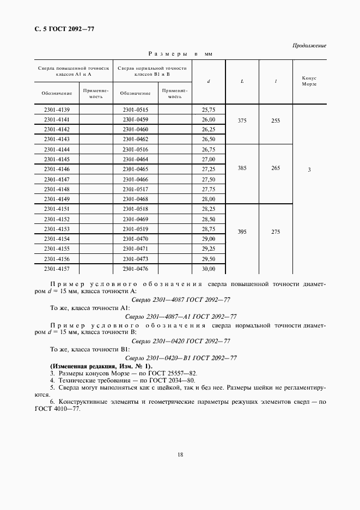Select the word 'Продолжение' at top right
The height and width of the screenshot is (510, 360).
(x=309, y=45)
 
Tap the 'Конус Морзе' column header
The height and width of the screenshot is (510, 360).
(x=309, y=81)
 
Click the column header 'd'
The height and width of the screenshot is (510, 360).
(x=209, y=81)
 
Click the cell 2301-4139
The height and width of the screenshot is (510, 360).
(x=57, y=110)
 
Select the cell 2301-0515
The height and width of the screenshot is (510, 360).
(x=136, y=110)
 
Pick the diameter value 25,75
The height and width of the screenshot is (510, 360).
(x=209, y=110)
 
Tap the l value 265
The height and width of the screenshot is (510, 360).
(x=276, y=168)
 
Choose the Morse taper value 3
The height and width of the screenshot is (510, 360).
(x=309, y=170)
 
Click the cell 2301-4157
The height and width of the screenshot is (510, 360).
(x=57, y=269)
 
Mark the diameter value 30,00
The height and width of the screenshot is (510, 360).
(x=209, y=269)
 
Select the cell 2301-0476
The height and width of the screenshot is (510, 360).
(x=136, y=269)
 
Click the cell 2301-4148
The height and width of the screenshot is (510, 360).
(x=57, y=189)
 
